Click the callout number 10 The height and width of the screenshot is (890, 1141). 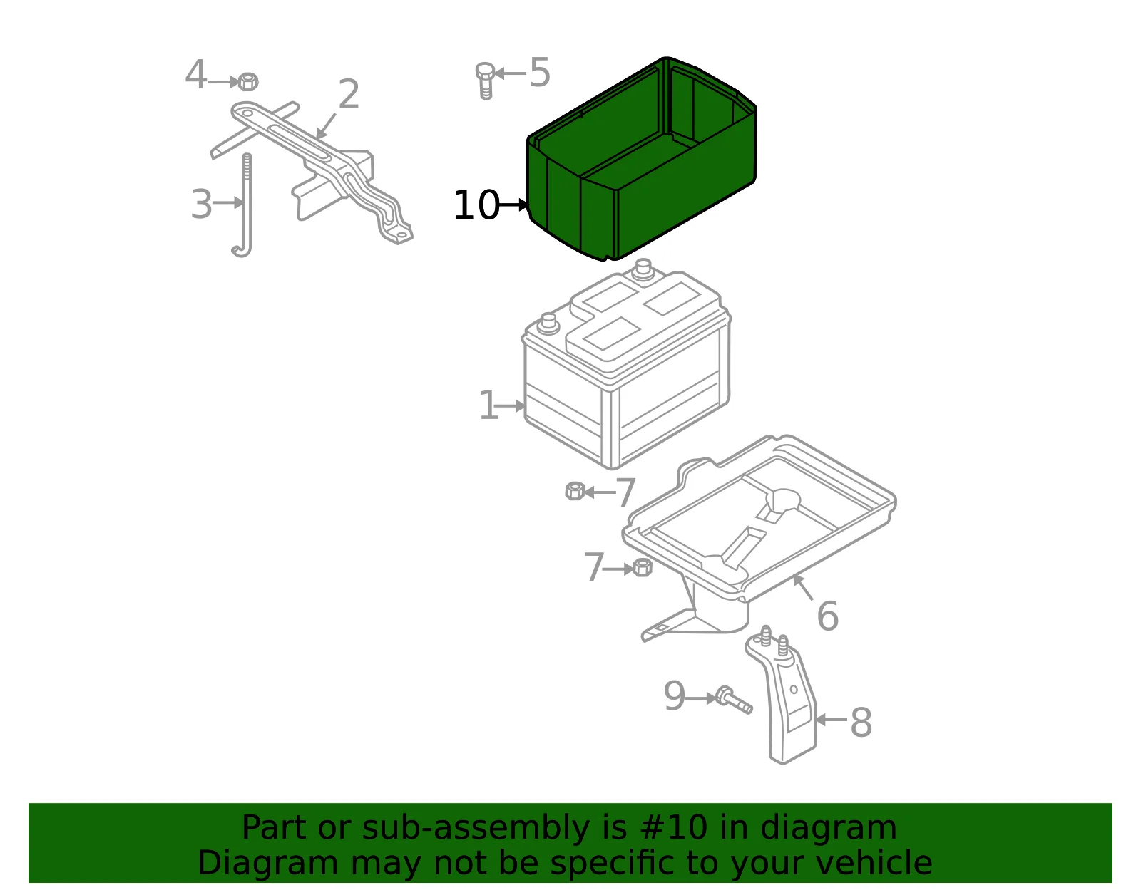[x=476, y=205]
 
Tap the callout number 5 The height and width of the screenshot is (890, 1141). [x=540, y=72]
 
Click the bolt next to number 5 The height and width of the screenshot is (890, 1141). [x=486, y=81]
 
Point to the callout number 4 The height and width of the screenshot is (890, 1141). [x=196, y=75]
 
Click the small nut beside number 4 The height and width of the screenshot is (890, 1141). [x=248, y=82]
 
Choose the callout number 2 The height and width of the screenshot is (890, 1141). [x=349, y=94]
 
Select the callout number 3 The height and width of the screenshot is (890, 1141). [x=202, y=204]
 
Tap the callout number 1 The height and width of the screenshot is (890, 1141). [x=489, y=405]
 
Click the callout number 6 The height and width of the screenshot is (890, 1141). [x=828, y=616]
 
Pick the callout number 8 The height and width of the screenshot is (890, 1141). [x=861, y=723]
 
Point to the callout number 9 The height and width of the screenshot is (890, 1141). [x=675, y=696]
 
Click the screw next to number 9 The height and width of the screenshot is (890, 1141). [x=734, y=700]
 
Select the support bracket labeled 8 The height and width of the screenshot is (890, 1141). [x=782, y=695]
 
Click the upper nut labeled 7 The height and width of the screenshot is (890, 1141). [x=575, y=491]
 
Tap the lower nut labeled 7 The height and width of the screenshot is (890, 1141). [x=643, y=567]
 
